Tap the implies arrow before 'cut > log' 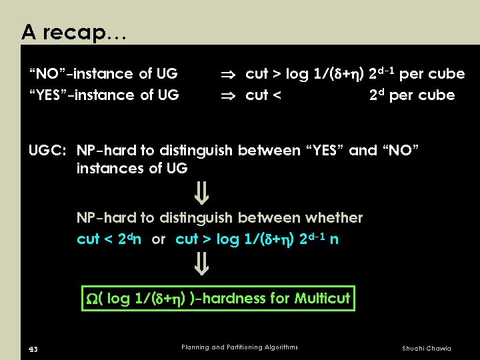[229, 73]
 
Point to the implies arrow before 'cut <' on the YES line [229, 95]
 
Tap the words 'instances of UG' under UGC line [131, 169]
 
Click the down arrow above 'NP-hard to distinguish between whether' [202, 195]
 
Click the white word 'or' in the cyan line [159, 239]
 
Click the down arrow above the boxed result [202, 268]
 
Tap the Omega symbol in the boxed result [92, 299]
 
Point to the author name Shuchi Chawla [426, 348]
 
